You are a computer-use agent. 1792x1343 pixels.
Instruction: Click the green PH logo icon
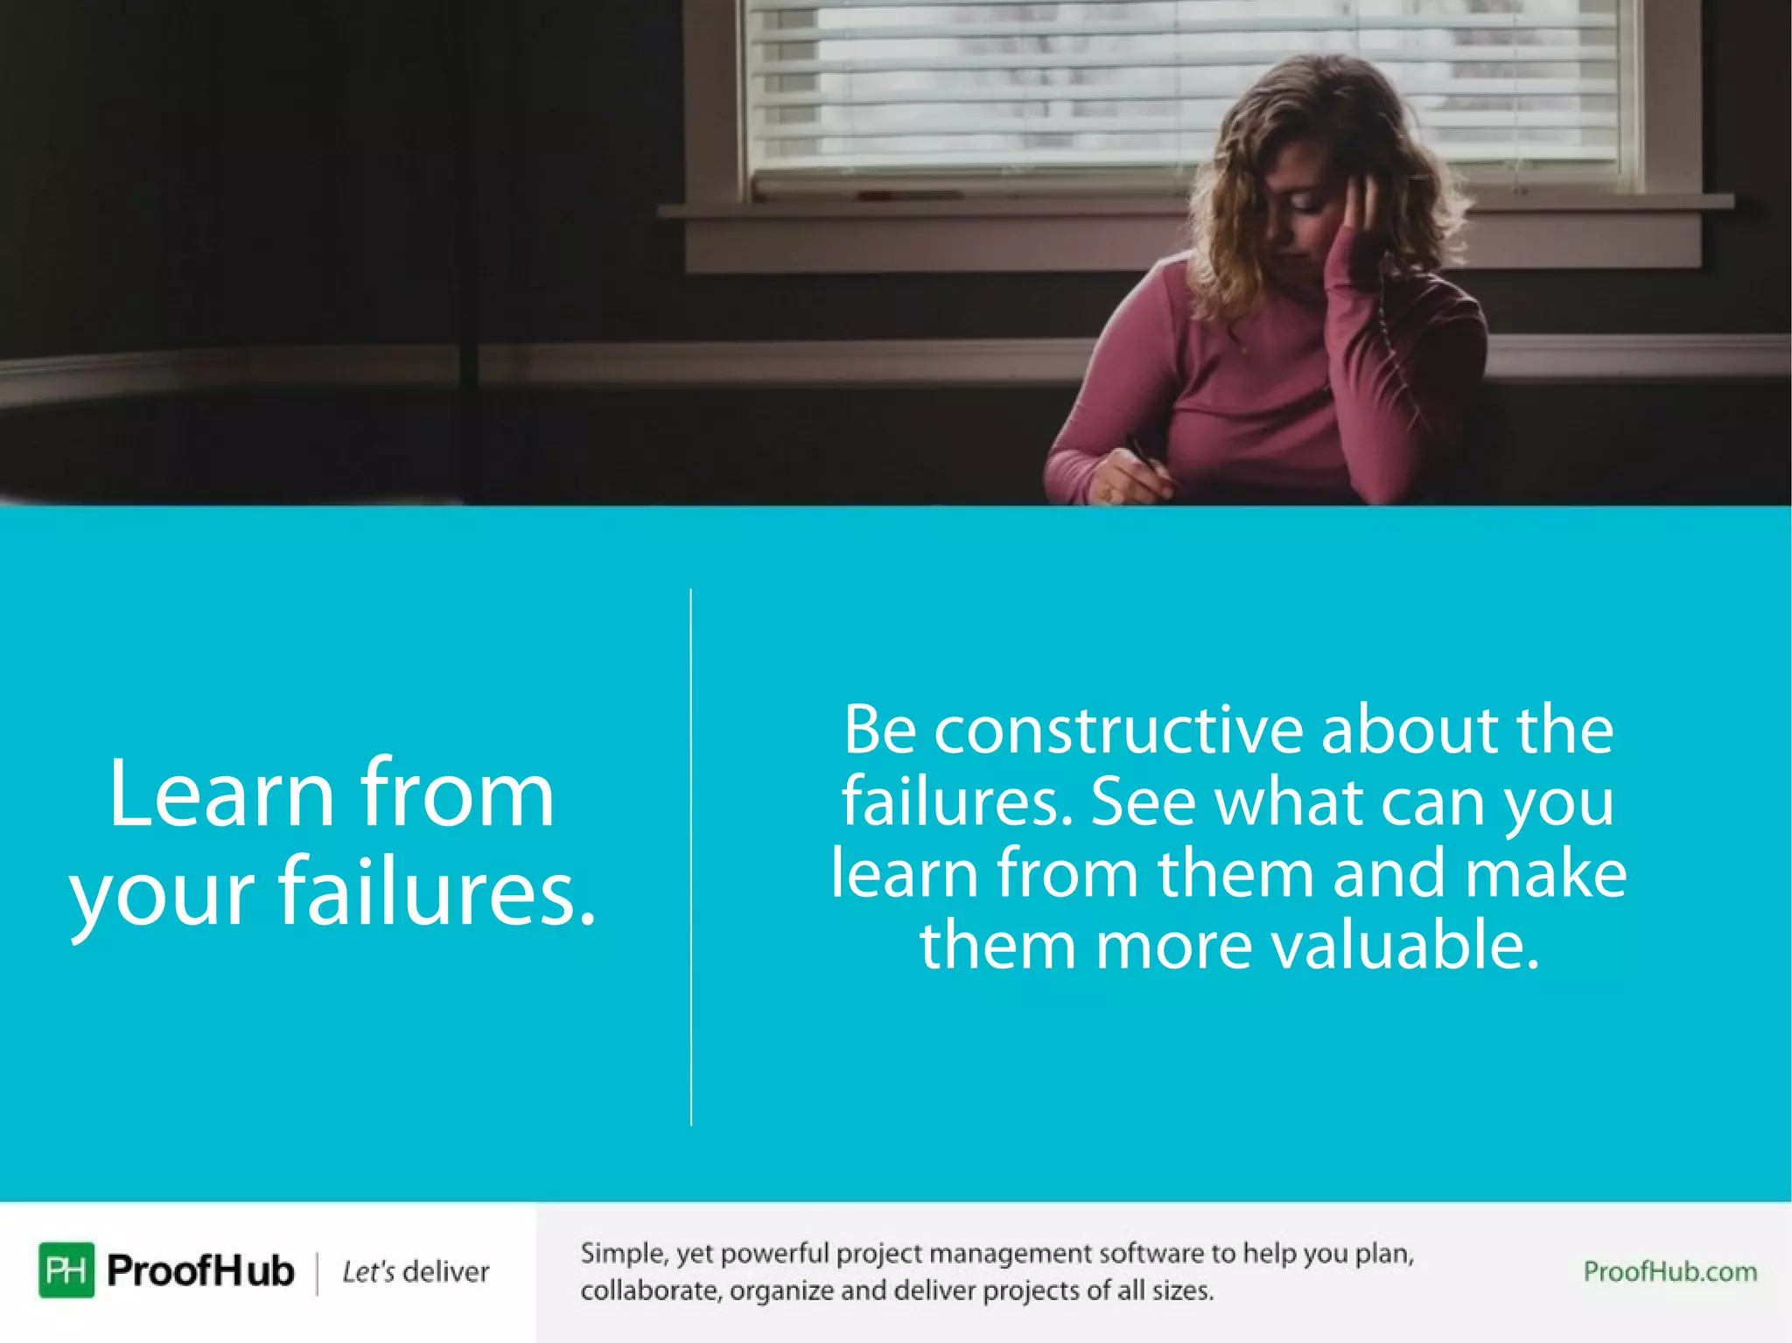click(66, 1270)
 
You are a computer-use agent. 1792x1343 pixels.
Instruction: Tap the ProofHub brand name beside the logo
click(200, 1270)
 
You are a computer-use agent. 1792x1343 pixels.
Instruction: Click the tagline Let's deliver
click(416, 1271)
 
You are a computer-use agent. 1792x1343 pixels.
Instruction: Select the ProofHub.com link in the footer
click(1669, 1271)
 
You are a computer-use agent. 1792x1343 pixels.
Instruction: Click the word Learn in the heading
click(221, 794)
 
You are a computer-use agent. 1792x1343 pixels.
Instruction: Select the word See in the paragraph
click(1143, 801)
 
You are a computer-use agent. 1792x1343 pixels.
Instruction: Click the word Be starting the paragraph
click(879, 730)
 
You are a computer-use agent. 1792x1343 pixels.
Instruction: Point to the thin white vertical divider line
click(691, 857)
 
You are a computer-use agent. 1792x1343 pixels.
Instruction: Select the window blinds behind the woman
click(1006, 87)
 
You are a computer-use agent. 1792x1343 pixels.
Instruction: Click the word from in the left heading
click(457, 794)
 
